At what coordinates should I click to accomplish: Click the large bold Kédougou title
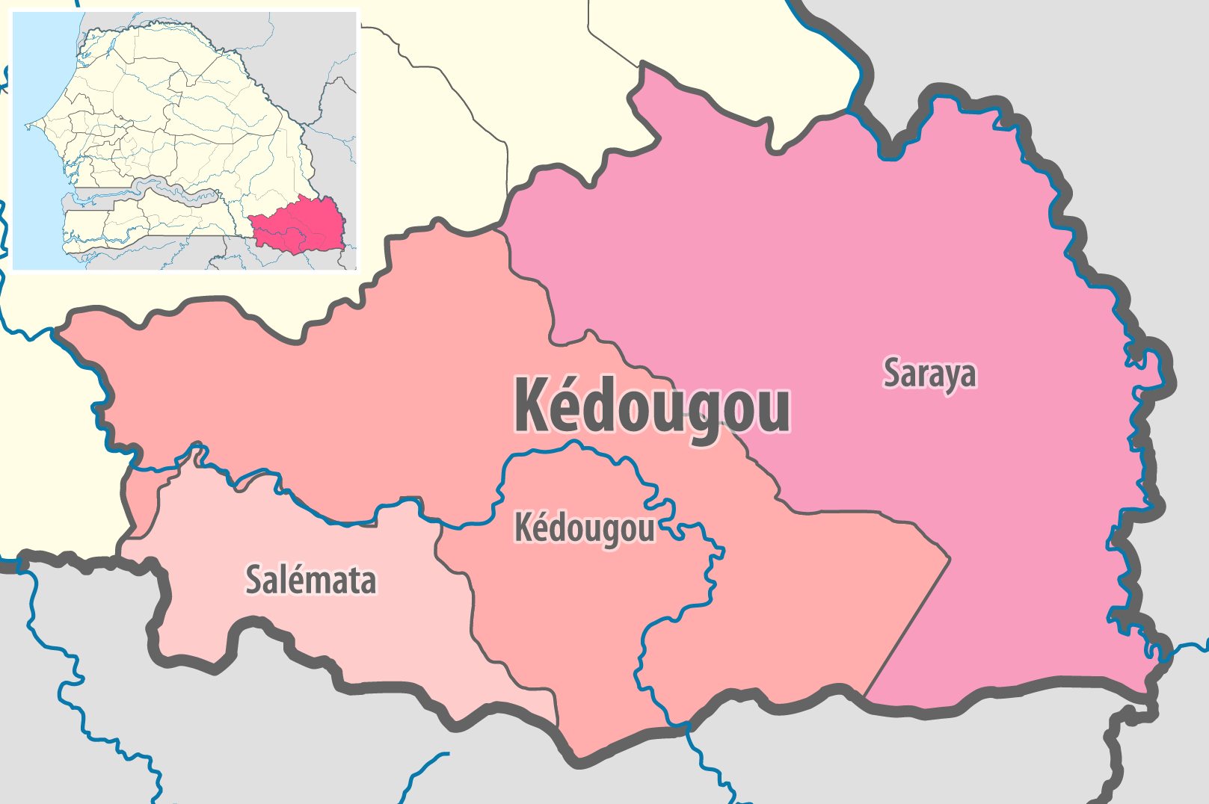650,406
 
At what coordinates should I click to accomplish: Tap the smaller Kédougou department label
584,529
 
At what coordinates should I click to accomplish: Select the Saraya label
929,374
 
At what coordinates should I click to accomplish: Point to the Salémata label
310,581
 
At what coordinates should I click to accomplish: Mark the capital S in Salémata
255,581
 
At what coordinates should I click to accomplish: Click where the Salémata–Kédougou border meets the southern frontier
557,725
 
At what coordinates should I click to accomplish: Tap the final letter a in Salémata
366,582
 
